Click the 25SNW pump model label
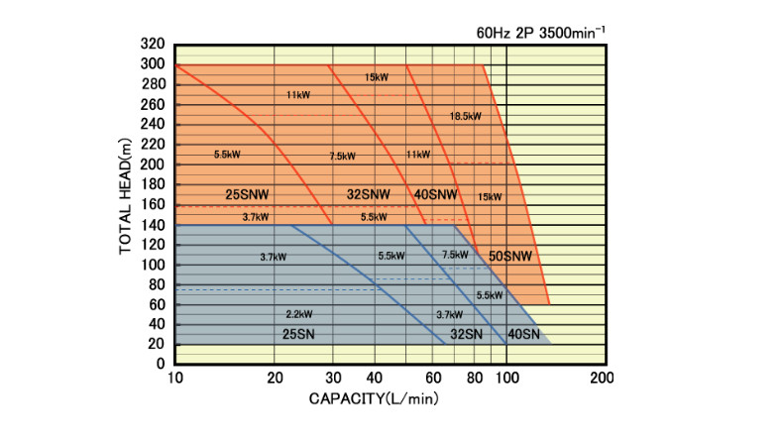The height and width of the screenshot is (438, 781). [x=248, y=193]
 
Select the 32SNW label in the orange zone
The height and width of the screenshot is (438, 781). [x=368, y=193]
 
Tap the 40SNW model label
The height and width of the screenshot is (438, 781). [x=435, y=193]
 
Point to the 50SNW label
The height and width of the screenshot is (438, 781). [x=512, y=256]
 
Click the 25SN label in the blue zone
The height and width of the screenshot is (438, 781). [x=303, y=333]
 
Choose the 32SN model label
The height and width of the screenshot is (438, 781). [x=466, y=334]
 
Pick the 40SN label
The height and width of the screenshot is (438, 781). [x=524, y=334]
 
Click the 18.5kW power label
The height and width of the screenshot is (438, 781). [x=465, y=116]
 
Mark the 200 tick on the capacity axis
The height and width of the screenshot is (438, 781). [x=602, y=379]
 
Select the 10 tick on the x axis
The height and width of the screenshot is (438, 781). [x=175, y=379]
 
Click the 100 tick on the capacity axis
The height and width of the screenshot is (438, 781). [x=506, y=379]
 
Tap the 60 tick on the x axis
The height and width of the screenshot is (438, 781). [x=433, y=379]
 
